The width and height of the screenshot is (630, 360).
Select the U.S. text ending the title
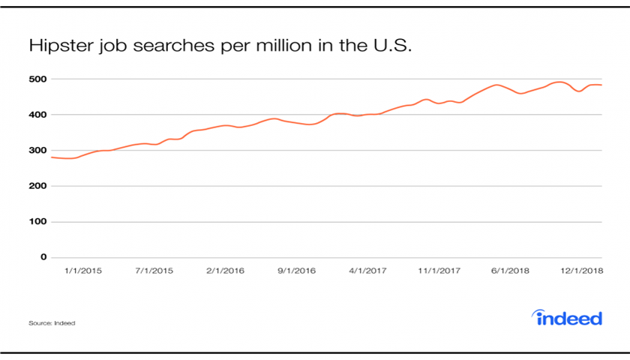(x=391, y=46)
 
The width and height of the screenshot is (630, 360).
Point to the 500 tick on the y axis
(x=38, y=79)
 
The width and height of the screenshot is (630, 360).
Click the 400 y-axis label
(x=38, y=115)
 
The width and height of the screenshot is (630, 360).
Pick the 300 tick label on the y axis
(x=38, y=150)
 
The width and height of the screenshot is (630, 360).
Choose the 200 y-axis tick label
(x=38, y=186)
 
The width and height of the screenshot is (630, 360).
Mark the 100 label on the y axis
(x=38, y=222)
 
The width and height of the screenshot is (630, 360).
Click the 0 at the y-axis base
(x=43, y=257)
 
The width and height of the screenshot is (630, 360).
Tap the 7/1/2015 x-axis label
(x=154, y=270)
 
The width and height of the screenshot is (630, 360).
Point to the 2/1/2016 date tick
(x=225, y=270)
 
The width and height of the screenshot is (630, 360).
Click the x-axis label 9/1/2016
(x=295, y=270)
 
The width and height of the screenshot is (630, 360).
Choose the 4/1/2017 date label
(x=367, y=270)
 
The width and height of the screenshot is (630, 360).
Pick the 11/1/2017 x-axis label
(x=439, y=270)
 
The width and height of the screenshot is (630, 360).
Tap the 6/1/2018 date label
(x=510, y=270)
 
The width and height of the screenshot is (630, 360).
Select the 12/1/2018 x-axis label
(x=582, y=270)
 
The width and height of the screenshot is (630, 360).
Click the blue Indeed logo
(x=568, y=318)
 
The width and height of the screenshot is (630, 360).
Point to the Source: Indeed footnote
(x=52, y=323)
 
